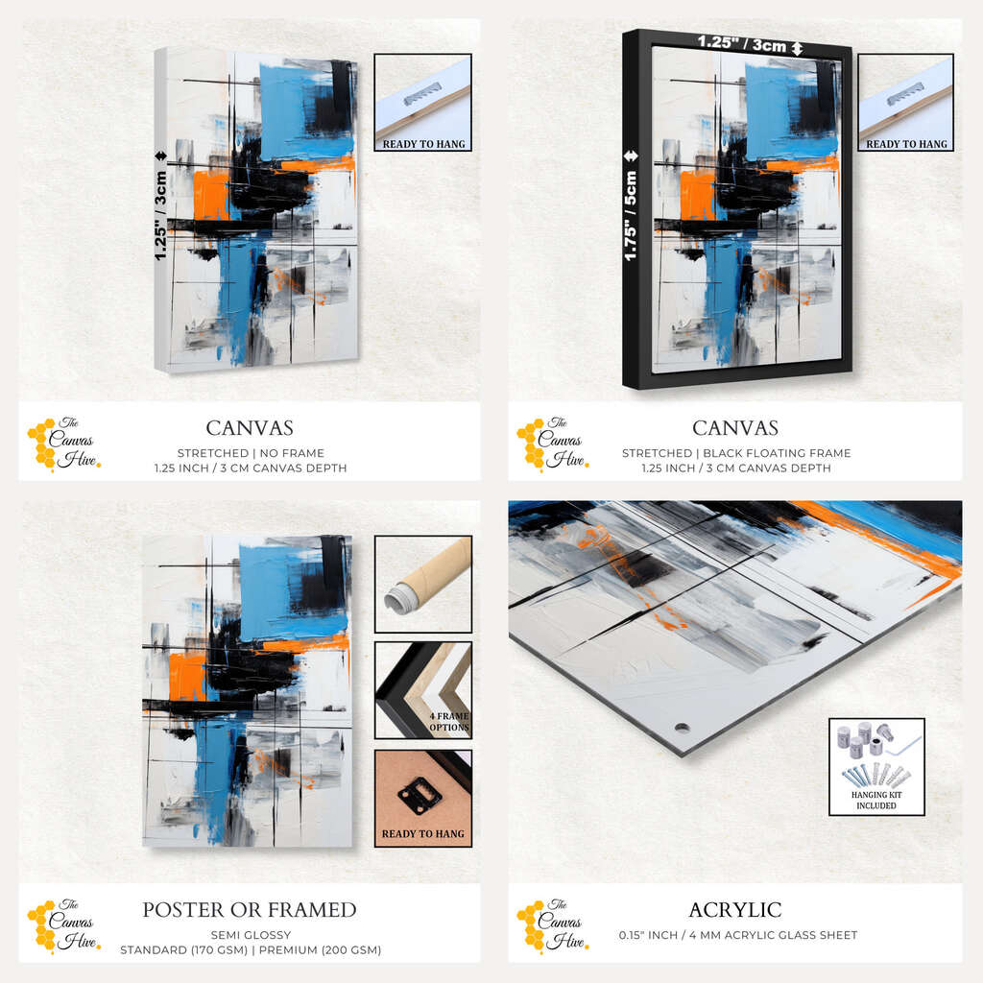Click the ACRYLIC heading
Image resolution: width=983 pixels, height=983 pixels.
[x=734, y=910]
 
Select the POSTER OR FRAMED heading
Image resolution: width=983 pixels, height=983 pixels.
[x=250, y=910]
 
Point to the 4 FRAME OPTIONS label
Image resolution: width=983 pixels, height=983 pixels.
[x=449, y=722]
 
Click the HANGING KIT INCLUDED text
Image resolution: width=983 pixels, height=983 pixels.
[x=875, y=800]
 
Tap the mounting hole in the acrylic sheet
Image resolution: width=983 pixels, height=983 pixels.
[x=682, y=729]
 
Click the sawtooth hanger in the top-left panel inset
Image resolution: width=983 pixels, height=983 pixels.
[x=422, y=94]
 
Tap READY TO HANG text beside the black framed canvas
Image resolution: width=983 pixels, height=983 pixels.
[x=906, y=144]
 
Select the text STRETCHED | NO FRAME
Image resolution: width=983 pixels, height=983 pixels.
[x=251, y=453]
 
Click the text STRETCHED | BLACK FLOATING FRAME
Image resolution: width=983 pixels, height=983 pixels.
[x=736, y=453]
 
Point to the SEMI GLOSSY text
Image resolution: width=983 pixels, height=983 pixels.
[x=251, y=935]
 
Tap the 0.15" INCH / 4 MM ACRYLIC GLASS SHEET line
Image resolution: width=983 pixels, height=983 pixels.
[x=738, y=935]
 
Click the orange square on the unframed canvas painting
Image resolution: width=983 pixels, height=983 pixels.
[x=211, y=195]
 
